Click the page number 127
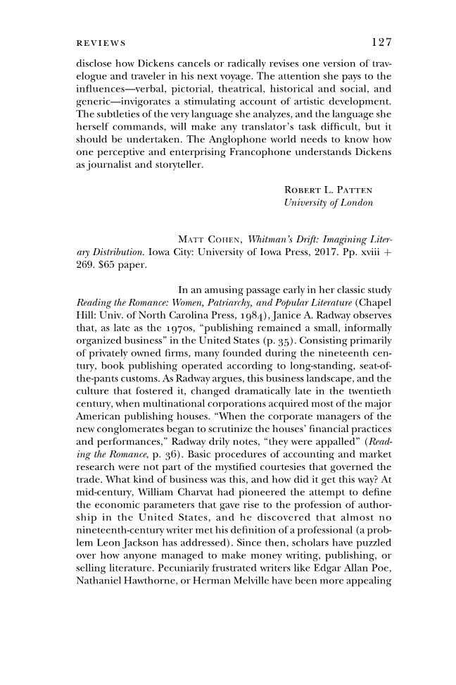click(380, 42)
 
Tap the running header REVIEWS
click(101, 43)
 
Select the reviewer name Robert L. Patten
click(328, 190)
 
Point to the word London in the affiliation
click(357, 203)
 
